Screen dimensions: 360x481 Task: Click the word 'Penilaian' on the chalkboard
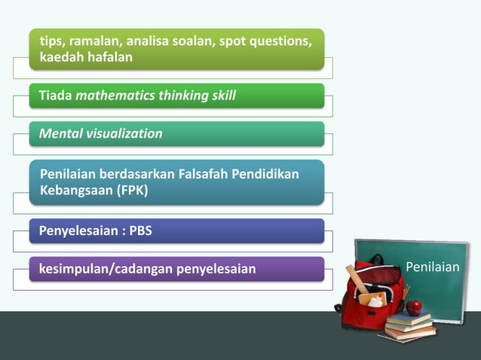(433, 267)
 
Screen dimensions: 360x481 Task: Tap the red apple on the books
(414, 307)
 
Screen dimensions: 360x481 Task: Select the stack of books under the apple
(409, 326)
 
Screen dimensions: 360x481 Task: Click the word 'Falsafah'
(207, 175)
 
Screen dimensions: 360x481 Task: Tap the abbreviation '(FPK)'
(132, 191)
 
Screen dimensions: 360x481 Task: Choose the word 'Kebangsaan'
(74, 191)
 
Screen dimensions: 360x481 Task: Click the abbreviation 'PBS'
(140, 230)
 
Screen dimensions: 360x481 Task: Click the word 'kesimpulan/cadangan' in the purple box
(106, 269)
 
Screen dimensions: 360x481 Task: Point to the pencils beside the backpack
(405, 291)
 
